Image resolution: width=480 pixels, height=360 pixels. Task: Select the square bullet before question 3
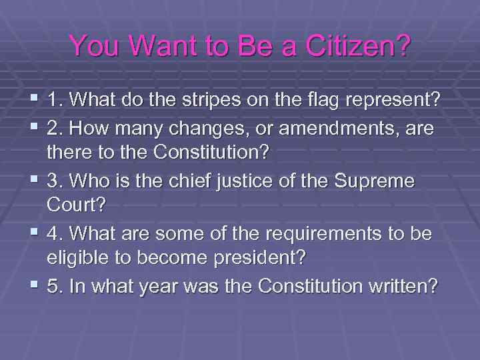[34, 180]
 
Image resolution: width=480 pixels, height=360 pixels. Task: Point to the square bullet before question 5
[34, 285]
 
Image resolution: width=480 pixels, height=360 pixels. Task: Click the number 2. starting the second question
[55, 127]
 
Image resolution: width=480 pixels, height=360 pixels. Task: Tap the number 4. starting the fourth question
[55, 233]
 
